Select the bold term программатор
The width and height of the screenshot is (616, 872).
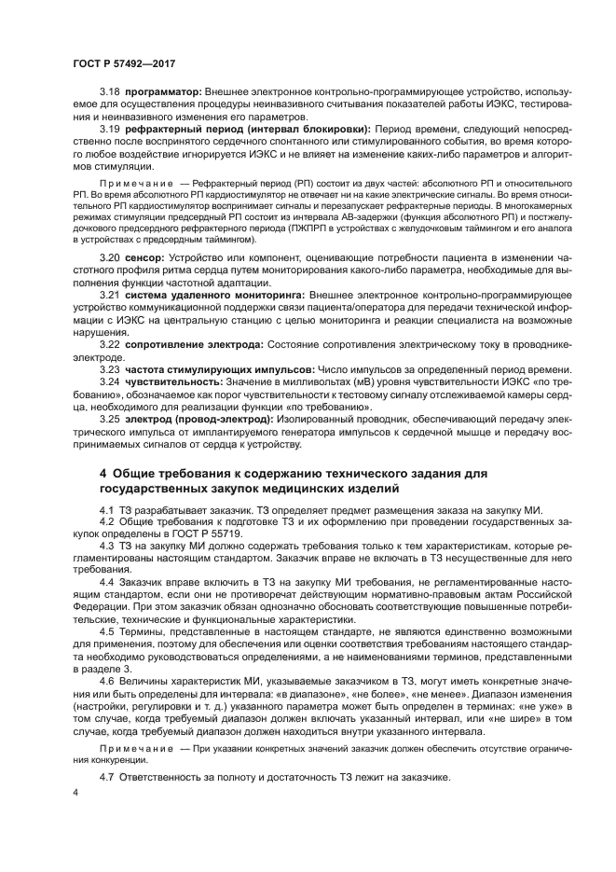coord(162,92)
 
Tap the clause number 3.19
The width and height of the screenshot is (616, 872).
coord(110,129)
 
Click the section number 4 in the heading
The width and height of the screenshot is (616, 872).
coord(104,473)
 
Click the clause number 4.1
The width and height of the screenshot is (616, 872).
coord(106,507)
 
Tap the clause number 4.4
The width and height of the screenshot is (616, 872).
coord(106,581)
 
